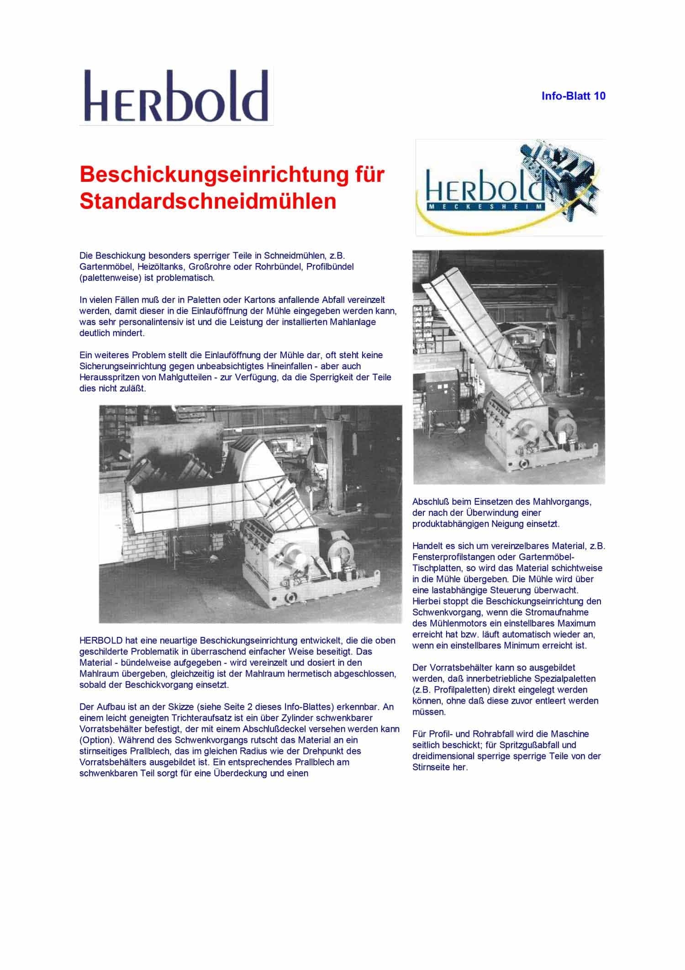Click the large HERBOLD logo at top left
point(176,96)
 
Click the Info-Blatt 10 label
point(573,96)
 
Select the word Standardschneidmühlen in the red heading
point(208,201)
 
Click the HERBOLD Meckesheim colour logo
point(510,187)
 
